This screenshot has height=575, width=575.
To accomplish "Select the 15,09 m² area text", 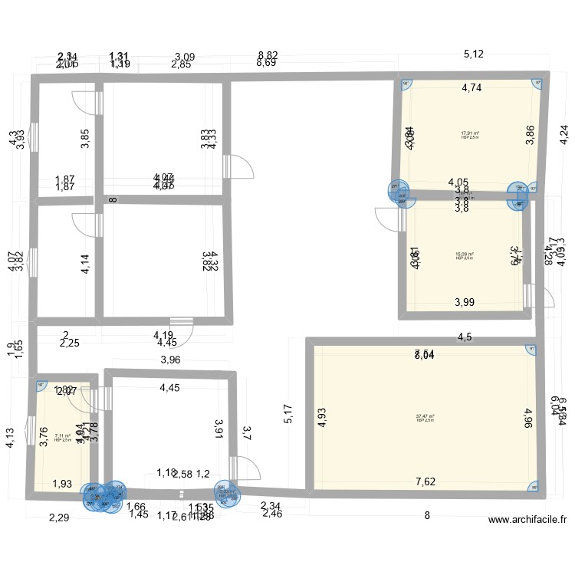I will coord(465,255).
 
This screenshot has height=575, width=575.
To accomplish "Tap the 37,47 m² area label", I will coord(426,417).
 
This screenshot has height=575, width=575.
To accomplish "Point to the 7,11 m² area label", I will coord(63,436).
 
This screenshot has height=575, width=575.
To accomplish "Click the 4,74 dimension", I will coord(472,88).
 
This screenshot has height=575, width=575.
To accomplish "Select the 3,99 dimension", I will coord(465,302).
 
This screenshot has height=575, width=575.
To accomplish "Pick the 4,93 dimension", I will coord(323,417).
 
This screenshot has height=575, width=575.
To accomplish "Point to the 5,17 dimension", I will coord(288,415).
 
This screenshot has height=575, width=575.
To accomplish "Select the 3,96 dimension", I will coord(170,360).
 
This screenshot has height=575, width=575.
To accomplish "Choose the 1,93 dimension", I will coord(63,484).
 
